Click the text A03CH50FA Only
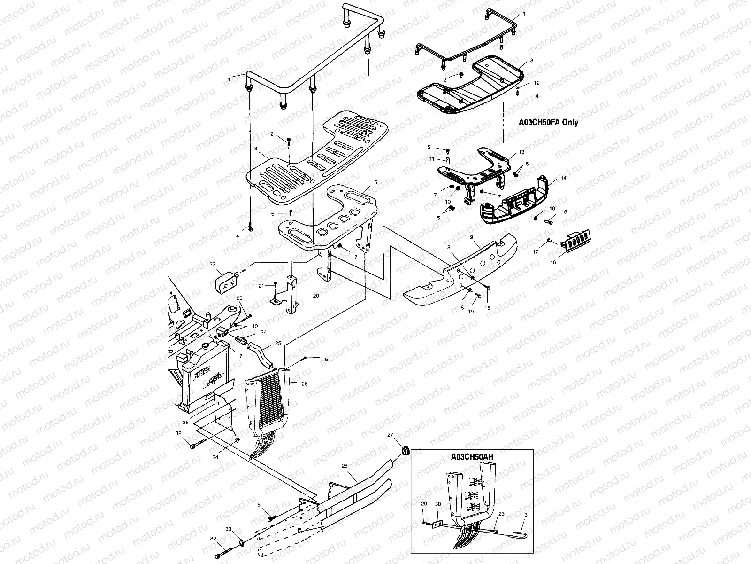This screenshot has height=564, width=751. tap(548, 122)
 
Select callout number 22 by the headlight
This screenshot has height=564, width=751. tap(212, 264)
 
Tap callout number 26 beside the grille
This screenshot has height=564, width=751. tap(304, 384)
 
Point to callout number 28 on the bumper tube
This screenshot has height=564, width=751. tap(344, 466)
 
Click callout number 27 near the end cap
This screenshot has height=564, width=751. tap(390, 435)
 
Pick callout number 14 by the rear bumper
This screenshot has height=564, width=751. tap(564, 179)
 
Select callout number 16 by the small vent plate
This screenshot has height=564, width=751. tap(553, 262)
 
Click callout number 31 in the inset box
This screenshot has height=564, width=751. tap(527, 515)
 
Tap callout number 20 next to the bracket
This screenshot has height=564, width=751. tap(315, 296)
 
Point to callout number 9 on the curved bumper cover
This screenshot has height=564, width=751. tap(471, 237)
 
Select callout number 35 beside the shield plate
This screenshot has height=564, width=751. tap(186, 423)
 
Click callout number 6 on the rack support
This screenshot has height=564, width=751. tap(375, 182)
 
